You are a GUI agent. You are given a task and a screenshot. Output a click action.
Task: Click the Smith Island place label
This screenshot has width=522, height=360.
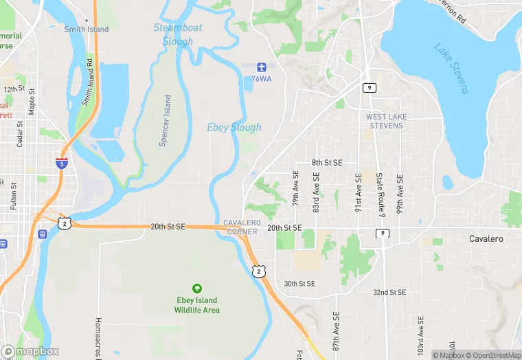[x=87, y=30]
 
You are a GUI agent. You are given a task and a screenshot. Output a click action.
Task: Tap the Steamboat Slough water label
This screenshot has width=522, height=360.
[x=177, y=34]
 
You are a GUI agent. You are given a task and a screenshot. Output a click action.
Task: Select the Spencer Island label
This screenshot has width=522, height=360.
[x=165, y=121]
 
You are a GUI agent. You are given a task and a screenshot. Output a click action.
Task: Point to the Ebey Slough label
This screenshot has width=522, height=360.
[x=234, y=127]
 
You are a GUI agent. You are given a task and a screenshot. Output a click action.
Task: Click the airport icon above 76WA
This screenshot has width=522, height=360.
[x=261, y=67]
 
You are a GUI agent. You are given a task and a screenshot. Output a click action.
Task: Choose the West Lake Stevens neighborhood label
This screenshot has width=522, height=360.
[x=386, y=121]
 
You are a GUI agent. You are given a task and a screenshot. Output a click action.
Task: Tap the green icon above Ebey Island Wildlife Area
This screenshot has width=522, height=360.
[x=197, y=289]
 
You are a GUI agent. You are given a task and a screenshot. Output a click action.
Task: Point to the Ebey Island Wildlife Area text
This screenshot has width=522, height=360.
[x=196, y=305]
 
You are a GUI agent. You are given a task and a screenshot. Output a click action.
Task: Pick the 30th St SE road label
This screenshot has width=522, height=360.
[x=299, y=283]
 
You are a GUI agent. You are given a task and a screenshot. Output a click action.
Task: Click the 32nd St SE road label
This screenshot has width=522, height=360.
[x=389, y=292]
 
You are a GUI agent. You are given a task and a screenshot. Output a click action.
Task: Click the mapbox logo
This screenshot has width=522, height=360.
[x=30, y=351]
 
